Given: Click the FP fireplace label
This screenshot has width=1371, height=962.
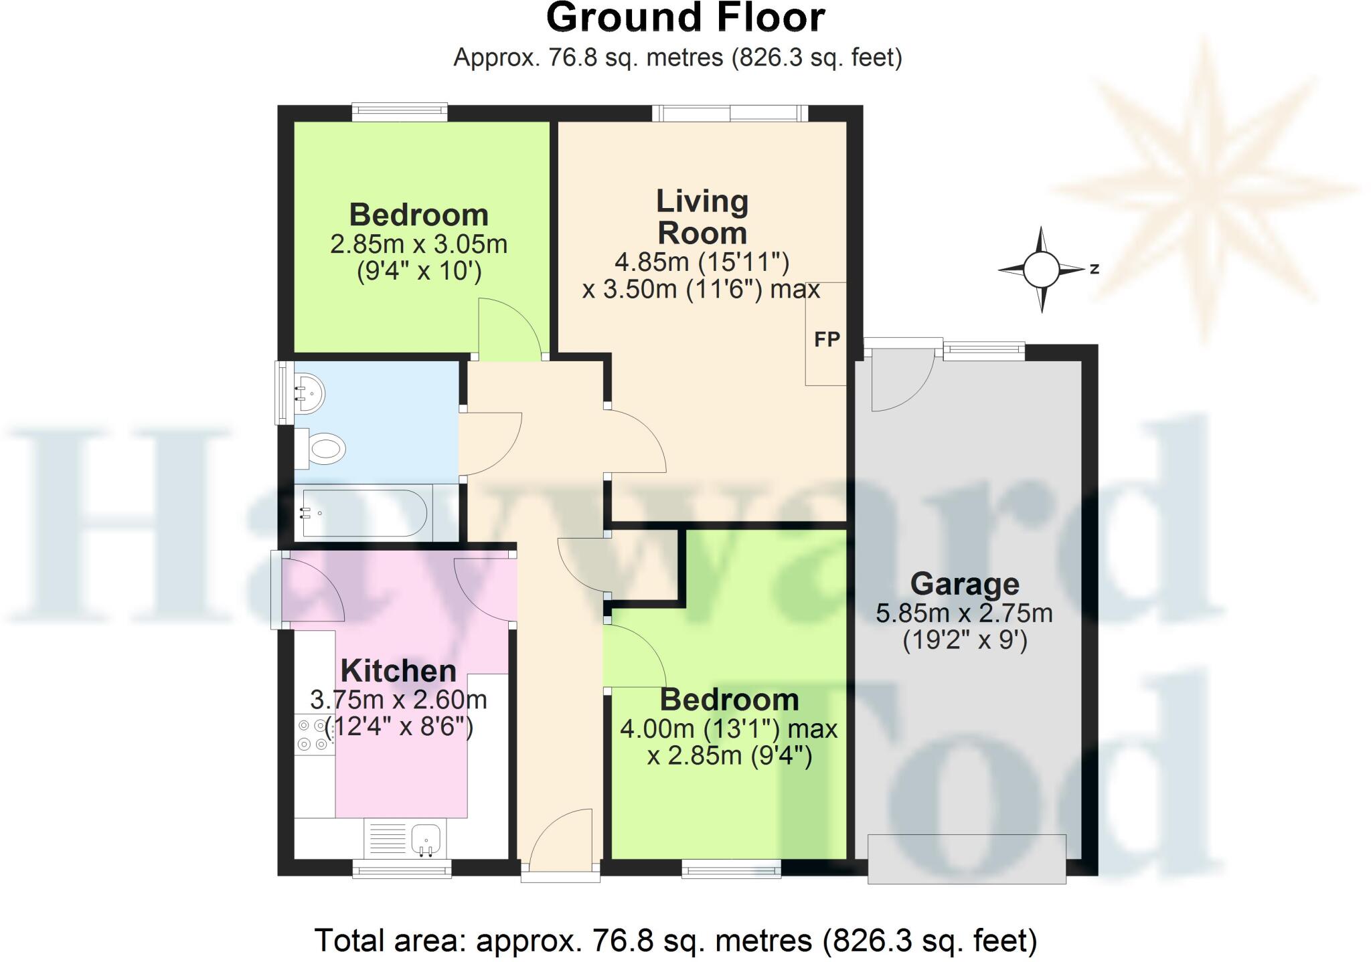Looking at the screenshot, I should tap(827, 340).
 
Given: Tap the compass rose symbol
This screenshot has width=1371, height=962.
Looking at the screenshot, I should tap(1041, 270).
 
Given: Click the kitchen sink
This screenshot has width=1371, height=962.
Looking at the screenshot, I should tap(426, 839).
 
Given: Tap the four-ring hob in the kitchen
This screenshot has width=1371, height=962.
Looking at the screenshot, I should tap(313, 734).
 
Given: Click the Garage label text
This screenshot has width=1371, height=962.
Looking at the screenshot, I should tap(965, 584).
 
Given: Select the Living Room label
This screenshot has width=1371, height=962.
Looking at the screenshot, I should tap(702, 217).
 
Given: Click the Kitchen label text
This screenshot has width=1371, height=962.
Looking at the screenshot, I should tap(398, 670).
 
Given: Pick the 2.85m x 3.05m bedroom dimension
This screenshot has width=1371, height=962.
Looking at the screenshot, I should tap(418, 244).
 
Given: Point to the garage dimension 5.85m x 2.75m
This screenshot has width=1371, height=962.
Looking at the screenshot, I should tap(964, 613).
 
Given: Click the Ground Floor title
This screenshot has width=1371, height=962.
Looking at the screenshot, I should tap(685, 18).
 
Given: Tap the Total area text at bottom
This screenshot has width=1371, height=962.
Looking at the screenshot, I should tap(675, 940).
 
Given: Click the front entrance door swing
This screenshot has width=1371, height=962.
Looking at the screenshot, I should tap(562, 840).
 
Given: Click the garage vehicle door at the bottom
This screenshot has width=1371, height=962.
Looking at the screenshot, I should tap(966, 859).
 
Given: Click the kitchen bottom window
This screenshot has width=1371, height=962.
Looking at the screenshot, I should tap(402, 868).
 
